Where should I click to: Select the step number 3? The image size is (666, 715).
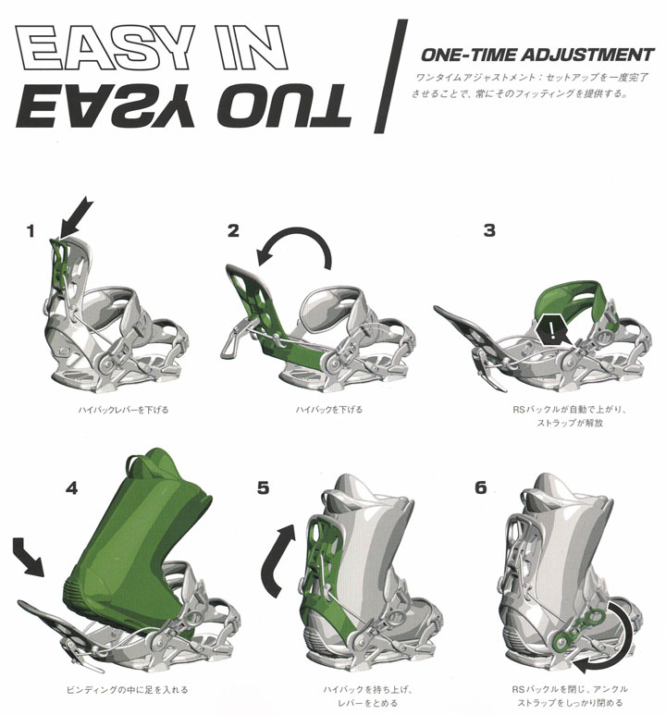tap(489, 230)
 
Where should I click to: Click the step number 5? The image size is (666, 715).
tap(263, 487)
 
